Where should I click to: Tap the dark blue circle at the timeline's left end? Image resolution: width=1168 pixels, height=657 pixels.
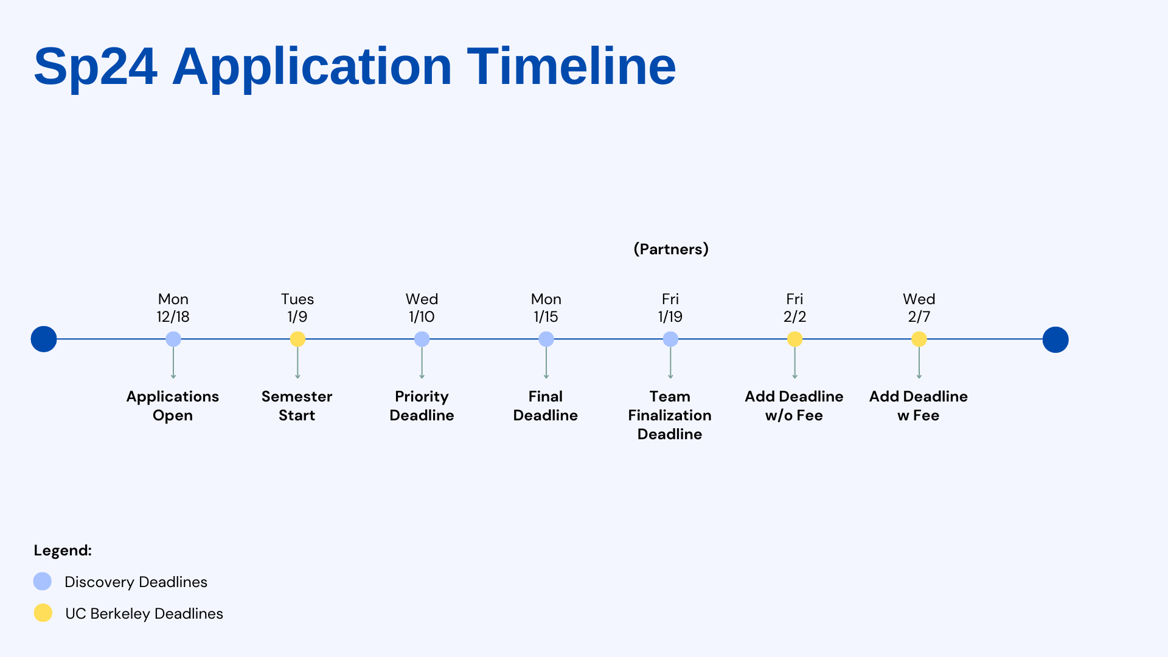44,339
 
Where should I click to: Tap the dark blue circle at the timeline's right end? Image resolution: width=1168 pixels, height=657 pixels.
1055,339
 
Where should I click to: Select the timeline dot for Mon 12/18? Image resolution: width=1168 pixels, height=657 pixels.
173,339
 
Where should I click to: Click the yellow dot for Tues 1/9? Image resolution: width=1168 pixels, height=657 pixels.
297,339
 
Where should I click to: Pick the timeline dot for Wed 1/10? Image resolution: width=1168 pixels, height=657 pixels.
422,339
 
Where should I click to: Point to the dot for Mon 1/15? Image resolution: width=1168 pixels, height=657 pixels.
546,339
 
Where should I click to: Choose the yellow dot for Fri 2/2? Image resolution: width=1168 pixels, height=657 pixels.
794,339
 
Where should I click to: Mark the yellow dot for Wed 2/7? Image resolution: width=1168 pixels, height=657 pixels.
919,339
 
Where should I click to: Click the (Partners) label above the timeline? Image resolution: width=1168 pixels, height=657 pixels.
671,249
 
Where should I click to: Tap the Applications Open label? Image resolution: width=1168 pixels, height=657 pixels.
173,406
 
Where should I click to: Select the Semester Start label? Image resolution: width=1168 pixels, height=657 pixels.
297,406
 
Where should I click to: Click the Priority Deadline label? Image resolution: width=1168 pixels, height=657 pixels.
422,406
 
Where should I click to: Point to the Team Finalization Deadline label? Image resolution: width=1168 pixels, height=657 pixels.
670,415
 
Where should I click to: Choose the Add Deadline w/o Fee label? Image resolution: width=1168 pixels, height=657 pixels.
794,406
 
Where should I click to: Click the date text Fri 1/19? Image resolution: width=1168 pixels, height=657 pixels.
670,308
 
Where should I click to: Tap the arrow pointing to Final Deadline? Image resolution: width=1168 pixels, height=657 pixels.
546,363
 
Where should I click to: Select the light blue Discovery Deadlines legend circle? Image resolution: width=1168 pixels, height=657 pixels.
43,582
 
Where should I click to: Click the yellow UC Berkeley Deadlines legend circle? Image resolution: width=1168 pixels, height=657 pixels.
43,613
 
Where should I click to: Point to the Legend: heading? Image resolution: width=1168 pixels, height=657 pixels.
63,551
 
